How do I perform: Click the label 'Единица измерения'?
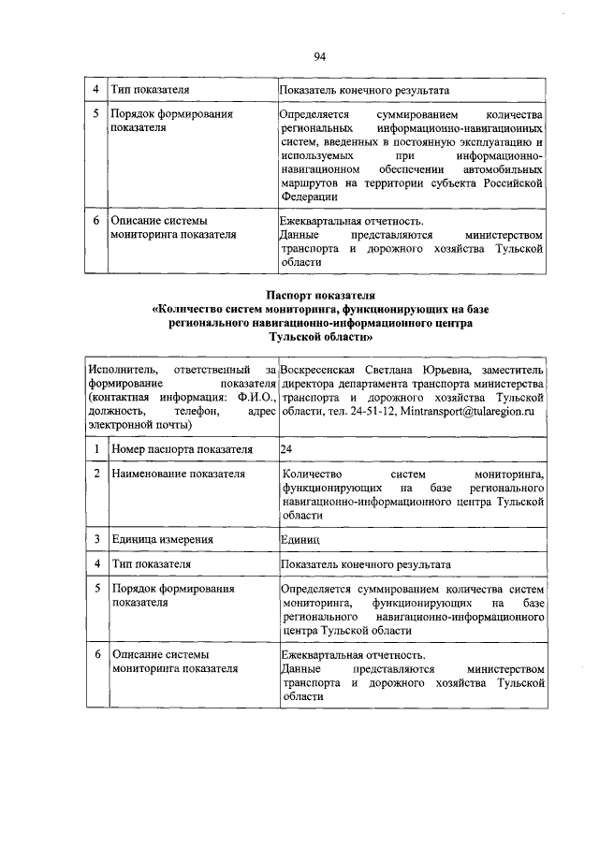(156, 540)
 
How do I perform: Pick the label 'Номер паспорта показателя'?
(182, 450)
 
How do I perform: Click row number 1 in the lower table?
(96, 450)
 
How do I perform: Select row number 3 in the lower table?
(96, 540)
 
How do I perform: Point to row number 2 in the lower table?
(96, 475)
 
